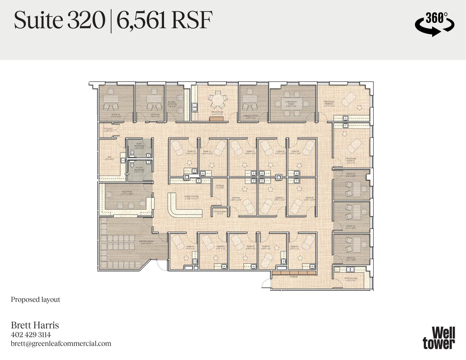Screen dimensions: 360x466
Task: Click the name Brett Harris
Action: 35,325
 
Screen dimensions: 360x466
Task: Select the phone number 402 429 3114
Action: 31,335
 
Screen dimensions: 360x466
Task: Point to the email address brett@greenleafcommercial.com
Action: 61,344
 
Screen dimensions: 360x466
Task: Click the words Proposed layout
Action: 36,300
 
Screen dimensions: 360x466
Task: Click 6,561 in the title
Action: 141,21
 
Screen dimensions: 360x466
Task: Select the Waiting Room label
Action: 146,242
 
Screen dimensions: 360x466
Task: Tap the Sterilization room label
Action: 351,279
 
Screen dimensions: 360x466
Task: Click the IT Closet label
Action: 108,130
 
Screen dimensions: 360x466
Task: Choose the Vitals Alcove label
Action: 220,212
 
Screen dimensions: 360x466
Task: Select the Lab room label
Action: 109,158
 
